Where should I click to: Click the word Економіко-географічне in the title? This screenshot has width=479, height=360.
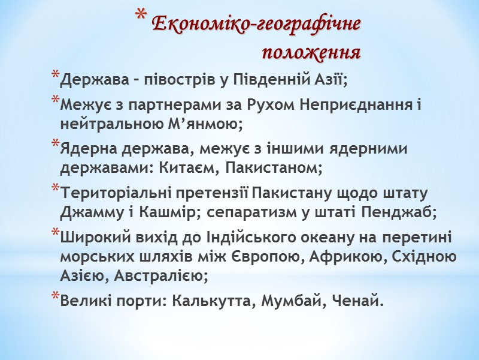click(256, 25)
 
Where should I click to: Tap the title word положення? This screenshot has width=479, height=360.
click(311, 53)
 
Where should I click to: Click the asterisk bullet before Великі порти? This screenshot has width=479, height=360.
click(55, 297)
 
